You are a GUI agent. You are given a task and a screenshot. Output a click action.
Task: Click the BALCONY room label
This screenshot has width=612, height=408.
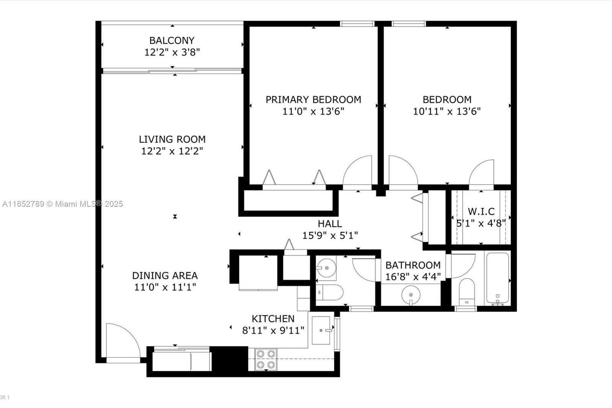click(172, 41)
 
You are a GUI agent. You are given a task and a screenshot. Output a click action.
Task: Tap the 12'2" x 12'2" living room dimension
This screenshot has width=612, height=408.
click(172, 151)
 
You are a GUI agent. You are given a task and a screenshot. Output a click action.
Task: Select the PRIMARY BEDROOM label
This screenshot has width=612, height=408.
click(313, 100)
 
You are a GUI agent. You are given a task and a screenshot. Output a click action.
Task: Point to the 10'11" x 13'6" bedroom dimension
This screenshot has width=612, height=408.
click(447, 112)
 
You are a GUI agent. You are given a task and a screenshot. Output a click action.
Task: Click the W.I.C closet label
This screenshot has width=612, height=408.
click(481, 211)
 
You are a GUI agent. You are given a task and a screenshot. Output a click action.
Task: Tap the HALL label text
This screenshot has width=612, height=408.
click(330, 224)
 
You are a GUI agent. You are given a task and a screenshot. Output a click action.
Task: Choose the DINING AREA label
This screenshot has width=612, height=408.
click(165, 275)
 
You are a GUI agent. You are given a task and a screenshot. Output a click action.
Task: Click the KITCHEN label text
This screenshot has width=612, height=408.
click(273, 318)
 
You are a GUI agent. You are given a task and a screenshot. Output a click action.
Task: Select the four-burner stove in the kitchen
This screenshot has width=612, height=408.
click(265, 359)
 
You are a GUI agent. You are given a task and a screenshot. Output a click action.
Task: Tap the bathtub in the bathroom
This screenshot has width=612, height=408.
click(498, 278)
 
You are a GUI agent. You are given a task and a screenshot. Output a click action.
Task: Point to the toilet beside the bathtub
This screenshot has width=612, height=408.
click(467, 292)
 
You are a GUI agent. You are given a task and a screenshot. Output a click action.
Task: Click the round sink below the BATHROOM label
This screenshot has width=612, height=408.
click(411, 295)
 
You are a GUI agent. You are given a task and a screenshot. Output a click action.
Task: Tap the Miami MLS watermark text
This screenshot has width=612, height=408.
click(63, 204)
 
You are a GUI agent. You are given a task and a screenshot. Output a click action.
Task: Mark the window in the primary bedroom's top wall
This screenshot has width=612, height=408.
click(357, 24)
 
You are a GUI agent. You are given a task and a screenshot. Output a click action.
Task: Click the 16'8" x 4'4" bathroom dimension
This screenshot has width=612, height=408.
click(413, 277)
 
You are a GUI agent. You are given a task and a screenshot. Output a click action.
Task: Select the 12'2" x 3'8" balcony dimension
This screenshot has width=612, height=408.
click(172, 52)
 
